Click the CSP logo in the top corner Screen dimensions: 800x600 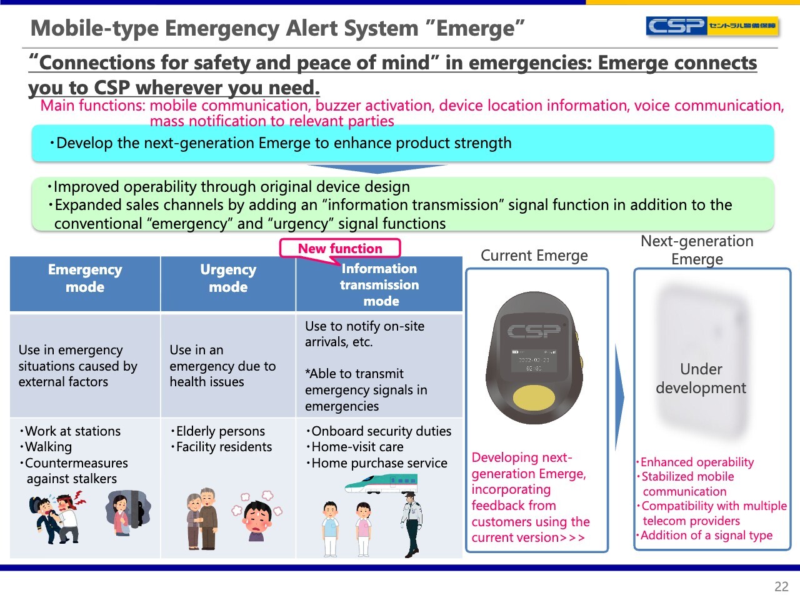coord(712,26)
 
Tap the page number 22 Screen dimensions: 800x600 coord(781,586)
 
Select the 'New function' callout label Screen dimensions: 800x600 coord(340,249)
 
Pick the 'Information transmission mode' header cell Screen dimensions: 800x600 coord(379,284)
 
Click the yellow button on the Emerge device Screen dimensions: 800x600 coord(534,398)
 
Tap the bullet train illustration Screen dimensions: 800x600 coord(381,483)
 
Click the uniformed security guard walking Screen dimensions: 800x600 coord(412,524)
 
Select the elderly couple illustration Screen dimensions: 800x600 coord(202,518)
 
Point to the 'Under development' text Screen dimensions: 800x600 coord(701,379)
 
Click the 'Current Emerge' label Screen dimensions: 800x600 coord(534,256)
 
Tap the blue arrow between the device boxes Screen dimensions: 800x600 coord(619,397)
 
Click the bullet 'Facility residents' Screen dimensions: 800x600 coord(222,447)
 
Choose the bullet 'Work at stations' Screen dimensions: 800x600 coord(70,431)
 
